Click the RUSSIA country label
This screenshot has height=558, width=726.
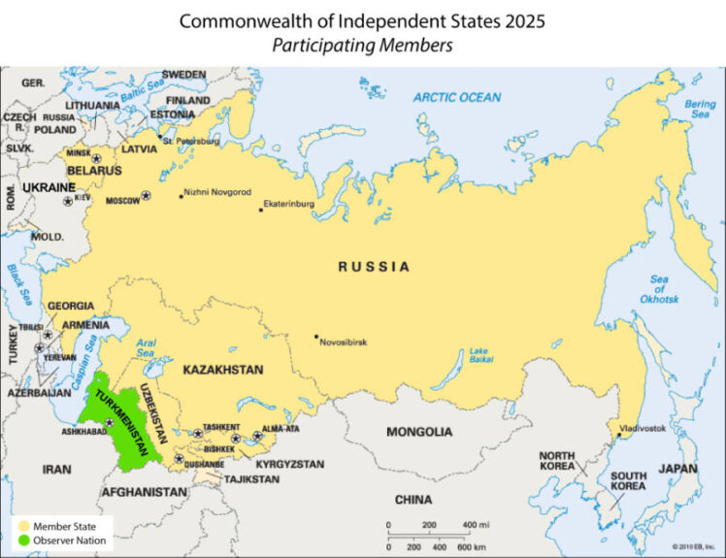374,267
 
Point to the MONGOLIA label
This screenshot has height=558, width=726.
419,432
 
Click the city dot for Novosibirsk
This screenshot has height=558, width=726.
315,337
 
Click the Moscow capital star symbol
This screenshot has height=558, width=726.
147,196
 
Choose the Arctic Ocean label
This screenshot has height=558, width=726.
457,97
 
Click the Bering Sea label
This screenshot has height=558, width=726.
701,109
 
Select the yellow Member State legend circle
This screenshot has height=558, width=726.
22,526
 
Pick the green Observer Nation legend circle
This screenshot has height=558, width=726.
22,540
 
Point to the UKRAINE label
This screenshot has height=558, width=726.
49,186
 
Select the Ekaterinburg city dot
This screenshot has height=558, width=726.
260,210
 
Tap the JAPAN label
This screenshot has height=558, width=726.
678,468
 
